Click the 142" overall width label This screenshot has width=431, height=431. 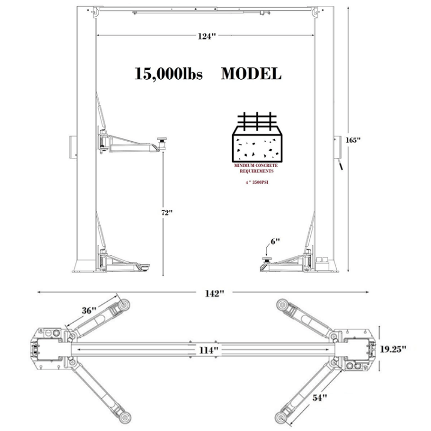pyautogui.click(x=214, y=294)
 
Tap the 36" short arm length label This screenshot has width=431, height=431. pyautogui.click(x=89, y=310)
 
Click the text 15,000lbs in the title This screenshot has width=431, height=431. pyautogui.click(x=168, y=74)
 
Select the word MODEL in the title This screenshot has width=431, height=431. pyautogui.click(x=251, y=74)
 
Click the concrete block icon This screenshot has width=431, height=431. pyautogui.click(x=255, y=140)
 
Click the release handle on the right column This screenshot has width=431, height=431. pyautogui.click(x=340, y=166)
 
